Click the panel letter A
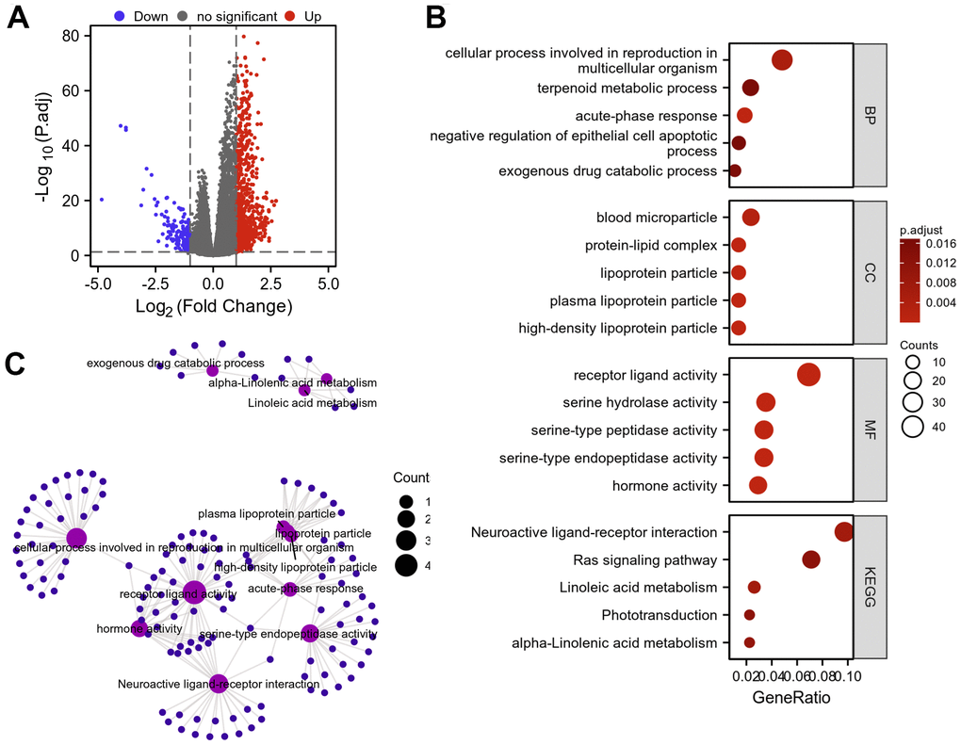19,18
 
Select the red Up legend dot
290,17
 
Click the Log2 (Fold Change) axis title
212,306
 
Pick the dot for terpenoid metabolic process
751,88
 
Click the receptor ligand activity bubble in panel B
808,375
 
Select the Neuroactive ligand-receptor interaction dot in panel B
844,532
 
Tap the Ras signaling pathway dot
811,559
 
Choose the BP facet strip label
870,115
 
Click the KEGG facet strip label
870,588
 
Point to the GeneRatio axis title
790,701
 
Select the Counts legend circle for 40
912,427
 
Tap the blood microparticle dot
751,218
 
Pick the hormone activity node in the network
139,628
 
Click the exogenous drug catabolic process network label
175,363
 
